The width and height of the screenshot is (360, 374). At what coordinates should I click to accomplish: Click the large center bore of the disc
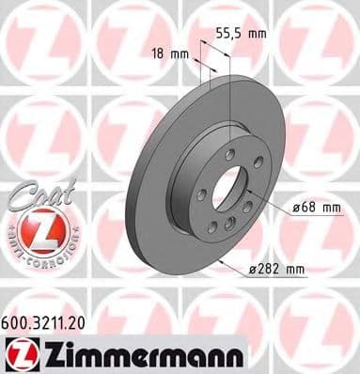point(227,189)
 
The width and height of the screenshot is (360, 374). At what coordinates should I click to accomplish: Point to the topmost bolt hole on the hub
point(230,151)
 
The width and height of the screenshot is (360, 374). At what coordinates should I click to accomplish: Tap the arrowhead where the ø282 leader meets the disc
point(218,259)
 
